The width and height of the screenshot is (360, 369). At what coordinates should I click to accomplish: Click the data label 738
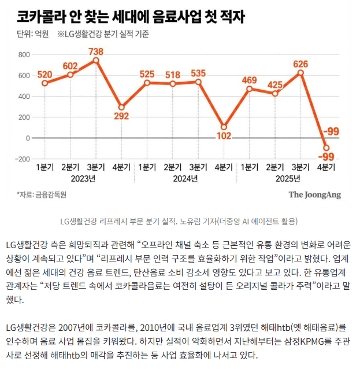(95, 51)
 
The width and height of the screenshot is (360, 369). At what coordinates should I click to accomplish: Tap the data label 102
(224, 136)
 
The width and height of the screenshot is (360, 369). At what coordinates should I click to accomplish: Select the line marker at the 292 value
(121, 107)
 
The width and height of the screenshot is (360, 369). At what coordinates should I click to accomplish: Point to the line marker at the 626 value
(300, 72)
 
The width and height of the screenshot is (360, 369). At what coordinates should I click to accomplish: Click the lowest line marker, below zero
(326, 148)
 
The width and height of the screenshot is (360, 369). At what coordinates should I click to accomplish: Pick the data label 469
(249, 80)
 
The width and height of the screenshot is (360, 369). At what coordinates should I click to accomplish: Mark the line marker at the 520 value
(45, 83)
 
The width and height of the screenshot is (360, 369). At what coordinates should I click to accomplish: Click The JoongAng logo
(315, 195)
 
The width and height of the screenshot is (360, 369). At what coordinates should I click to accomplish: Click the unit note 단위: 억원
(34, 34)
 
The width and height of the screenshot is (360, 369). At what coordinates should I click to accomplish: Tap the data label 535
(198, 73)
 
